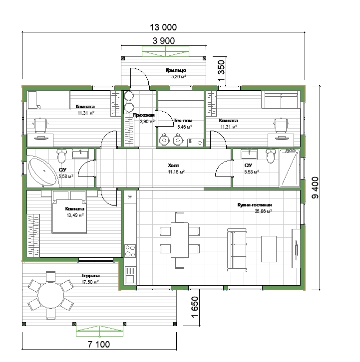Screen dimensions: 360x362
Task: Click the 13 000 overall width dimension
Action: click(163, 27)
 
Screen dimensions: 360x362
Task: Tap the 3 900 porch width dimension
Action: click(163, 41)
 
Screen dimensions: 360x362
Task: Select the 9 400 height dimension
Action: click(315, 187)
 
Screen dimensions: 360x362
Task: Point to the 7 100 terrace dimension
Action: click(99, 345)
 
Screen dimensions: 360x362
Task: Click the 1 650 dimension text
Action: click(195, 307)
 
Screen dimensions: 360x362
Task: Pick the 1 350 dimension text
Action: click(221, 71)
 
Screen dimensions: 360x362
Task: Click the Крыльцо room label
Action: click(176, 70)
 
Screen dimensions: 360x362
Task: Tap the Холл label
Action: click(173, 166)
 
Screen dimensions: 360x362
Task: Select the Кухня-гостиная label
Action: click(255, 205)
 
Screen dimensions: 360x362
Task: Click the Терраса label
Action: click(90, 275)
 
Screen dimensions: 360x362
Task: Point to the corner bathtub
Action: click(42, 171)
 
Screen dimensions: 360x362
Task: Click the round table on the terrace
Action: click(50, 295)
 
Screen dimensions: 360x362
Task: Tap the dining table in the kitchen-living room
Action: click(180, 240)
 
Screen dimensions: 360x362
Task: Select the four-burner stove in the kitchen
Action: click(130, 251)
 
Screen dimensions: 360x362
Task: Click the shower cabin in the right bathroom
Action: click(290, 169)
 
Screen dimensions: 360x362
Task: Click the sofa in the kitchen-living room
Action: click(237, 250)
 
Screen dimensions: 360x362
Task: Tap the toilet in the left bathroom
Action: click(61, 156)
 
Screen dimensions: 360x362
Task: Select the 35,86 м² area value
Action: click(263, 211)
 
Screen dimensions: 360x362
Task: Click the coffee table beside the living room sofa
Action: click(269, 249)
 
